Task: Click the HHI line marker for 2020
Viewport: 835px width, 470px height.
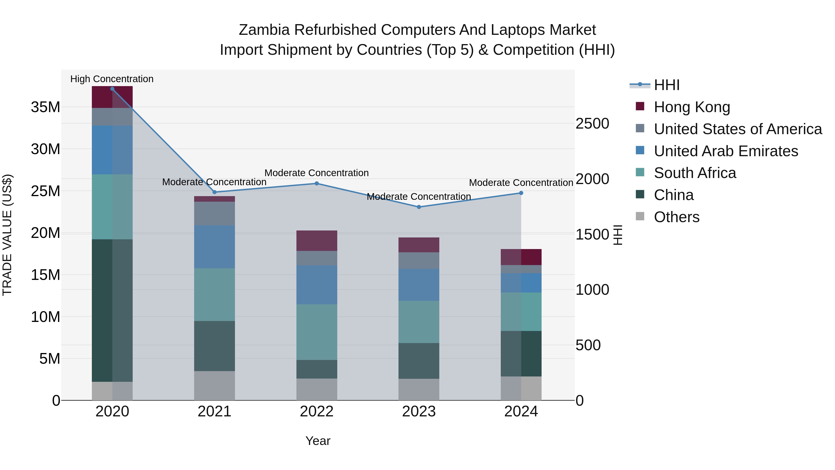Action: tap(112, 89)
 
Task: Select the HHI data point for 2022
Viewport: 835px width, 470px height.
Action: tap(317, 184)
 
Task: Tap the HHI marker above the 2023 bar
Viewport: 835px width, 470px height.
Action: tap(419, 207)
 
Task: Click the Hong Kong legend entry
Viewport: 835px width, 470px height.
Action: tap(691, 107)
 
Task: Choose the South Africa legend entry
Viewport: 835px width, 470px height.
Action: tap(695, 173)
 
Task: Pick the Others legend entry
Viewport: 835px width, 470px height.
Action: tap(677, 217)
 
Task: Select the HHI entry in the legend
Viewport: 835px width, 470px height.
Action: tap(666, 85)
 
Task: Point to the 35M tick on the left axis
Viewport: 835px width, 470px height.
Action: tap(45, 107)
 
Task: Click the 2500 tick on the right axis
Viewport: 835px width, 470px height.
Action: tap(592, 123)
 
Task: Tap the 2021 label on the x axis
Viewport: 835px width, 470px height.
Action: tap(214, 412)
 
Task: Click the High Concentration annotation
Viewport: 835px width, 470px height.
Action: tap(112, 79)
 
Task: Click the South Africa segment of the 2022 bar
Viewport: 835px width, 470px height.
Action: tap(317, 332)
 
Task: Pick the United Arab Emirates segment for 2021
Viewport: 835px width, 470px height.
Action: tap(214, 247)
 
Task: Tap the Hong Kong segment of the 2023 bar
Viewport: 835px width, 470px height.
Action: tap(419, 245)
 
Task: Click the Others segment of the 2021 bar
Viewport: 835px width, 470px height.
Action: tap(214, 386)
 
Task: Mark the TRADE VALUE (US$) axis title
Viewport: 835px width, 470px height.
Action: tap(7, 235)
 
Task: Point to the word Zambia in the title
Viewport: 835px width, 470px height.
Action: tap(264, 30)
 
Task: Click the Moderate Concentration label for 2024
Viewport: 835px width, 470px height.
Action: tap(521, 183)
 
